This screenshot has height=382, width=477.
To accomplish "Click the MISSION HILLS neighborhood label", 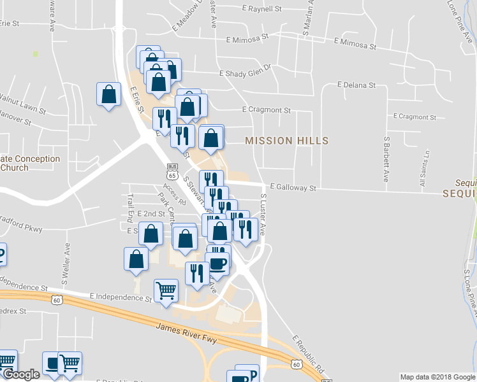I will click(287, 141).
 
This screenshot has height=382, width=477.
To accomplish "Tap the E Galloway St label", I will click(293, 188).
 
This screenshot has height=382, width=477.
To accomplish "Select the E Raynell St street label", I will click(262, 10).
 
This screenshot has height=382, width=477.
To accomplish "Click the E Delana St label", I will click(356, 85).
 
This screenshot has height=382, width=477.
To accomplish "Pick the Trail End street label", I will click(129, 204).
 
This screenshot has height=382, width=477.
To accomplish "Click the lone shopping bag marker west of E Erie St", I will click(109, 94).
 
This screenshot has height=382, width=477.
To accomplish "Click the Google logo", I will click(21, 374).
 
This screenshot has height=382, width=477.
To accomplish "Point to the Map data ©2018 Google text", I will click(437, 377).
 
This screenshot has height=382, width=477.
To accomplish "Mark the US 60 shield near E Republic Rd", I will click(296, 364).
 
